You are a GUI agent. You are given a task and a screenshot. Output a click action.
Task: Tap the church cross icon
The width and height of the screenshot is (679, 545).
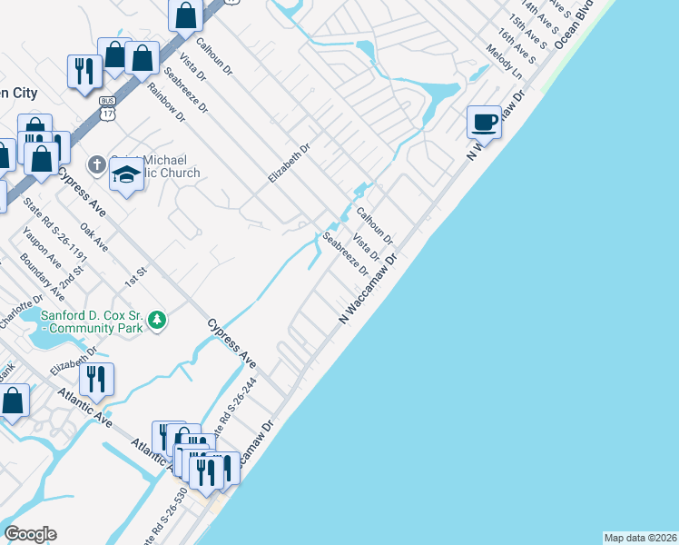tap(96, 164)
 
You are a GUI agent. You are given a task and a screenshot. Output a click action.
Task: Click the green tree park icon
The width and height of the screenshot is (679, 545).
tap(158, 320)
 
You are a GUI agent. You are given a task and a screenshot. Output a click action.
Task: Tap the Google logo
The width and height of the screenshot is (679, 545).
tap(30, 534)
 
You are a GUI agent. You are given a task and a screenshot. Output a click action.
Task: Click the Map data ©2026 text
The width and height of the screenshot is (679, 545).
tap(640, 538)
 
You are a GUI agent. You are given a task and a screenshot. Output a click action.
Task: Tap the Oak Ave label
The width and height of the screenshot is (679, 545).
tap(94, 237)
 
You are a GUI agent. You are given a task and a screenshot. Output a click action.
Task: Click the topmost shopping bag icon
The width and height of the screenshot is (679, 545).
tap(185, 15)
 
